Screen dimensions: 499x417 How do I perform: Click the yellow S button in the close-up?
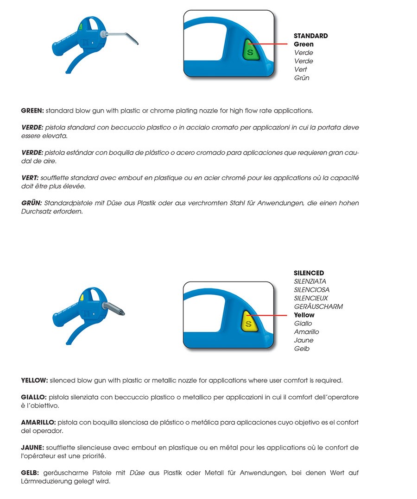coord(249,322)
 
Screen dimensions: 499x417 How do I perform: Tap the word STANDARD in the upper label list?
coord(310,36)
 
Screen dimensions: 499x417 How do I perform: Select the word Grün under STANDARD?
coord(302,78)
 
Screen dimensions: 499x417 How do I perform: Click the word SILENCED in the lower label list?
coord(309,273)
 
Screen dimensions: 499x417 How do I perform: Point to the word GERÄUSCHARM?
coord(318,306)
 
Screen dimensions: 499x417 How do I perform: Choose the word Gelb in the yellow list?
coord(302,349)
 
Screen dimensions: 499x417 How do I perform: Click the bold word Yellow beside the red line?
coord(304,315)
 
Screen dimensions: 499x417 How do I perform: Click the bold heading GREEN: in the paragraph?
coord(32,111)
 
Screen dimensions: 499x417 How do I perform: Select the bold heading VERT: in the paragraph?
coord(30,177)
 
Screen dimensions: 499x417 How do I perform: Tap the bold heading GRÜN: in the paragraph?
coord(32,203)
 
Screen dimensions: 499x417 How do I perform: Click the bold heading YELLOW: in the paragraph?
coord(34,380)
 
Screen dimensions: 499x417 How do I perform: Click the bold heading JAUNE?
coord(32,448)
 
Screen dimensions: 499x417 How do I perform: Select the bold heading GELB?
coord(31,473)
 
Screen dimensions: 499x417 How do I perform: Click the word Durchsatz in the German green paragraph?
coord(38,211)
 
